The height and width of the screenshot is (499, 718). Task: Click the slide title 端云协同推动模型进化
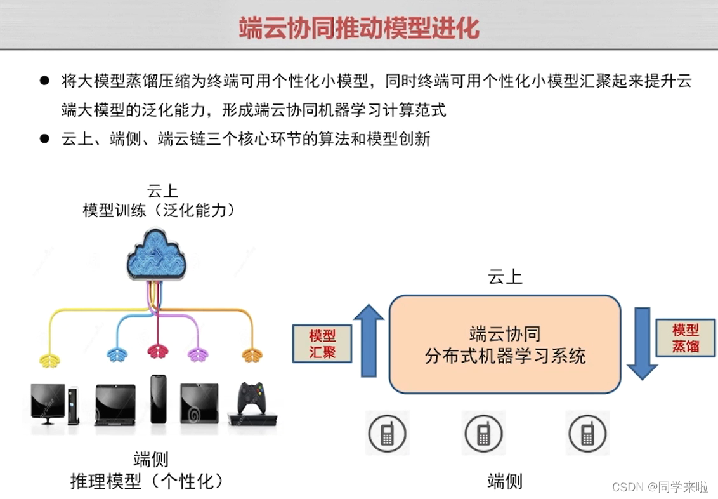tap(358, 29)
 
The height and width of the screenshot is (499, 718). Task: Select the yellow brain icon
tap(50, 358)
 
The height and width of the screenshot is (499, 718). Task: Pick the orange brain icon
tap(252, 356)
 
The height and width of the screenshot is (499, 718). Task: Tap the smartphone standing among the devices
tap(158, 400)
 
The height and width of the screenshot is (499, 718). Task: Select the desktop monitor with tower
tap(54, 404)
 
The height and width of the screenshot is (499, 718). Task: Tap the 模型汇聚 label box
tap(322, 343)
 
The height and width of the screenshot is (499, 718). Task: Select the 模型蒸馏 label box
tap(686, 338)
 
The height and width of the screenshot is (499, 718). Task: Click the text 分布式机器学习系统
tap(505, 356)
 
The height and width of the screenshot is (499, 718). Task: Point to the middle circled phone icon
tap(483, 434)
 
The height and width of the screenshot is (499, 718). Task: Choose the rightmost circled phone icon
tap(587, 434)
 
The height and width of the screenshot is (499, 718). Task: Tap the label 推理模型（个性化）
tap(148, 481)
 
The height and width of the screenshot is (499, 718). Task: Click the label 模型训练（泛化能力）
tap(159, 211)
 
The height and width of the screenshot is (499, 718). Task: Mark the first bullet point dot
tap(44, 81)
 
